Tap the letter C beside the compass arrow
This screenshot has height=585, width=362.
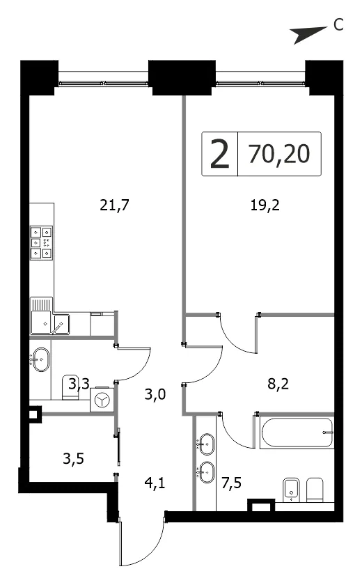click(x=338, y=25)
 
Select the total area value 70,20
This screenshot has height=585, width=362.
click(x=279, y=154)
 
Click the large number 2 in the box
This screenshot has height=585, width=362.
click(x=219, y=154)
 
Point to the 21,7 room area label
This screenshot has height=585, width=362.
click(x=114, y=205)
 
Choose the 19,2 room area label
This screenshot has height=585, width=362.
click(x=265, y=205)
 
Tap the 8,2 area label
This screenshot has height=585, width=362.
click(x=278, y=384)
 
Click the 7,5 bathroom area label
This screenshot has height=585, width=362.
click(x=231, y=483)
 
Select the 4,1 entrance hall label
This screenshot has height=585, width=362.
click(x=155, y=483)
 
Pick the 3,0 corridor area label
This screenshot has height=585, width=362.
click(x=155, y=394)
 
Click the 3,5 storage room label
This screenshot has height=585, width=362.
click(x=73, y=458)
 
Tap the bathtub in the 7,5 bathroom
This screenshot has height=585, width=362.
click(x=297, y=432)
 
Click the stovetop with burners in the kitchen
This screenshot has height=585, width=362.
click(x=41, y=242)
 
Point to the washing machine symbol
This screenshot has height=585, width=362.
click(x=101, y=400)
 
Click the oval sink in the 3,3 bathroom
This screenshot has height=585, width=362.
click(x=40, y=359)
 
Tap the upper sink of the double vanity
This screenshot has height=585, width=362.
click(x=207, y=444)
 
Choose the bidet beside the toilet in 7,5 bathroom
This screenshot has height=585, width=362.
click(x=291, y=490)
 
